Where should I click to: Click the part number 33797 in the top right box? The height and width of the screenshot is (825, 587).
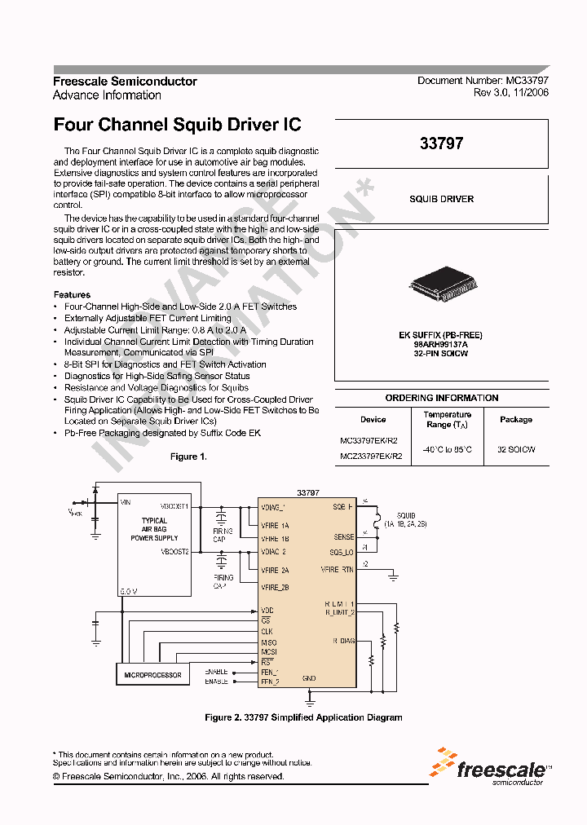point(441,143)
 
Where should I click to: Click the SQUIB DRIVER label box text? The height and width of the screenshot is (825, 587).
point(441,199)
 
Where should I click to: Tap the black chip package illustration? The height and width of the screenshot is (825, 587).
point(441,288)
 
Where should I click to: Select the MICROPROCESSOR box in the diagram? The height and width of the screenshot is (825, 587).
point(152,675)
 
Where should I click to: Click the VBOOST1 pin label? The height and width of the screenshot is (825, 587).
point(175,505)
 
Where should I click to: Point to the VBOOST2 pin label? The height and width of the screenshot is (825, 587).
point(175,551)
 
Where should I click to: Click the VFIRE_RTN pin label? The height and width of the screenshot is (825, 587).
point(338,570)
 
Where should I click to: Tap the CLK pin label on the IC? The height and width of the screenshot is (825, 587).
point(267,631)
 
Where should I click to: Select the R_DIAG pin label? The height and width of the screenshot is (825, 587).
point(343,641)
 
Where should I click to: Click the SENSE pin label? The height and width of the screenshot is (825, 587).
point(344,537)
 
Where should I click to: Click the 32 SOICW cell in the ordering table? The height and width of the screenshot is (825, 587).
point(515,449)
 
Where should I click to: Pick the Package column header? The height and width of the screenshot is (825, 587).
point(515,420)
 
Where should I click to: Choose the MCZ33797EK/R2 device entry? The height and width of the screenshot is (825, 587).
point(371,457)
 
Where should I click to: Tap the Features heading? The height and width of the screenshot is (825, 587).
point(72,294)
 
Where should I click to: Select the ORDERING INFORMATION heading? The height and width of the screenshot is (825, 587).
point(441,398)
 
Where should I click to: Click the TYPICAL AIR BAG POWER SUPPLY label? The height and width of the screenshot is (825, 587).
point(154,529)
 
